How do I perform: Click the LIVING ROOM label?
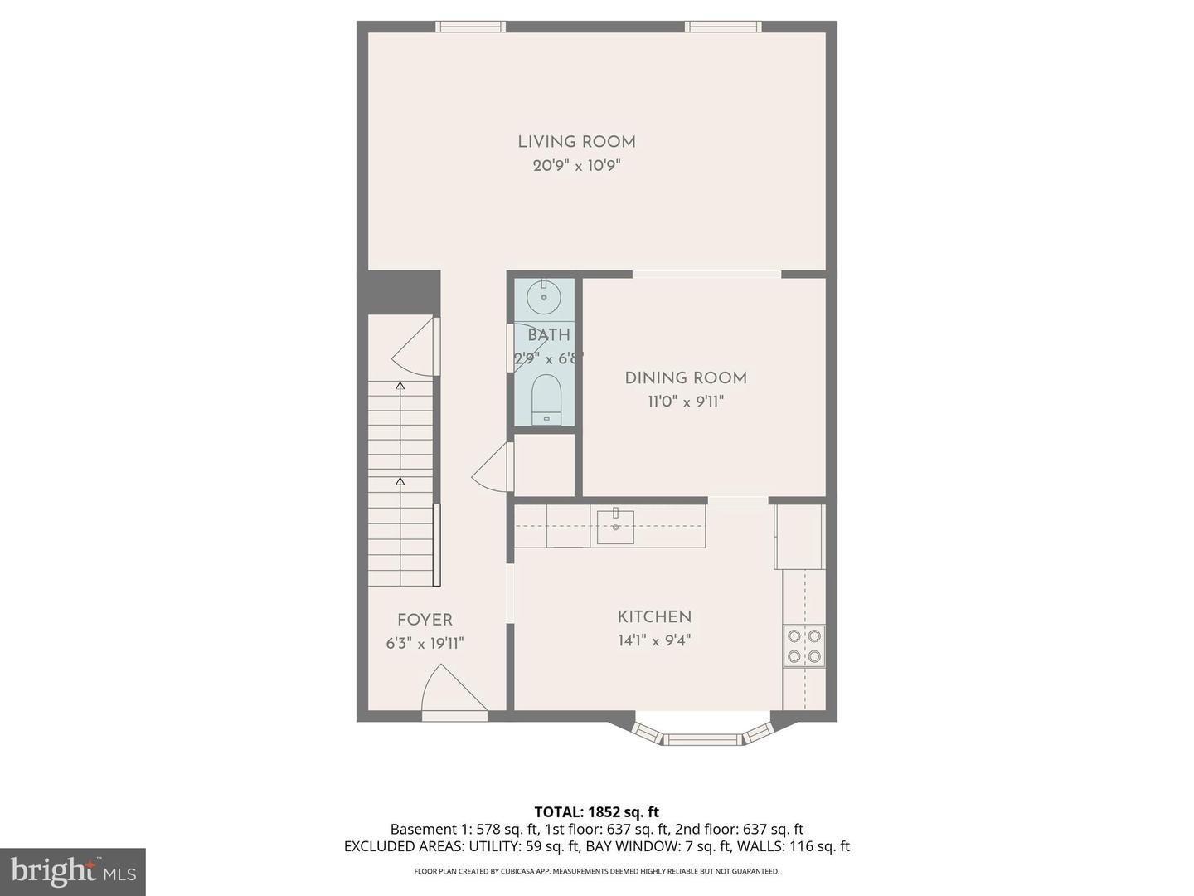[x=576, y=142]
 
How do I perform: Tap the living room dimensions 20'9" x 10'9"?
[x=576, y=166]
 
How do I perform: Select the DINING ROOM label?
[x=686, y=378]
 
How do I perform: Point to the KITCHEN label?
[x=654, y=617]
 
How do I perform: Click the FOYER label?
[x=425, y=620]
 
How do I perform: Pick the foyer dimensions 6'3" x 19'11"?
[x=425, y=644]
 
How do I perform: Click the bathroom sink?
[x=544, y=297]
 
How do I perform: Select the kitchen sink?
[x=615, y=527]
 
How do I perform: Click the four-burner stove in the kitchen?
[x=803, y=646]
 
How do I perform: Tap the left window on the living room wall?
[x=471, y=27]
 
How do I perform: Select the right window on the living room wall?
[x=723, y=27]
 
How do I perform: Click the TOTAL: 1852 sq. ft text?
[x=596, y=812]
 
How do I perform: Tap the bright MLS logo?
[x=73, y=871]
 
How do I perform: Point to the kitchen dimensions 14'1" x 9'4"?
[x=654, y=640]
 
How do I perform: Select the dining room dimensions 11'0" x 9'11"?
[x=686, y=402]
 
